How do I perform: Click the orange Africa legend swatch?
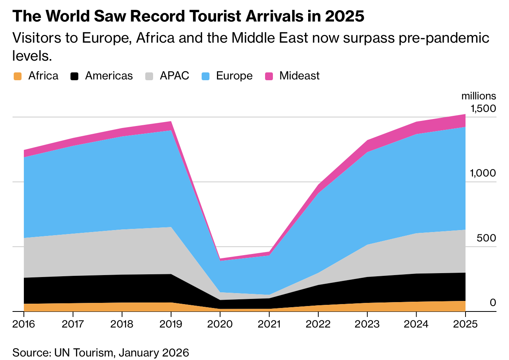(17, 76)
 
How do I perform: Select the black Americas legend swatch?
(74, 76)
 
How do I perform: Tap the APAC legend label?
(174, 76)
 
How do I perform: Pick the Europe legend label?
(234, 76)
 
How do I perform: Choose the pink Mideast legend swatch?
(269, 76)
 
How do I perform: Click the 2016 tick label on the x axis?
(24, 324)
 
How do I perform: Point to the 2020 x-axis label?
(220, 324)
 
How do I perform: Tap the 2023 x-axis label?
(367, 324)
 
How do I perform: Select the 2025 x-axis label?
(465, 324)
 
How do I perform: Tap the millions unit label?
(478, 96)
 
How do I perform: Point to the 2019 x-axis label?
(171, 324)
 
